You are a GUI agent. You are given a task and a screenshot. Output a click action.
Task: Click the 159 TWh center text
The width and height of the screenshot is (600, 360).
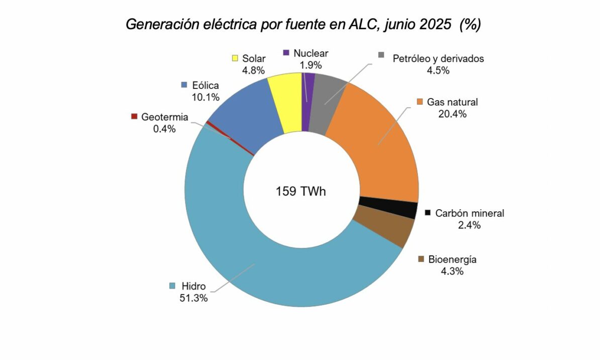pos(301,192)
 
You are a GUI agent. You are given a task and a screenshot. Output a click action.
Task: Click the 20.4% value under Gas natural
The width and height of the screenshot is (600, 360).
pos(452,114)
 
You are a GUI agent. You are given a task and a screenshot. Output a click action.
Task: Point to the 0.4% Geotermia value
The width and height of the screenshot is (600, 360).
pos(164,129)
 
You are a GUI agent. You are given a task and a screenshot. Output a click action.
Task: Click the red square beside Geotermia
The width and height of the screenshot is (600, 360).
pos(134,117)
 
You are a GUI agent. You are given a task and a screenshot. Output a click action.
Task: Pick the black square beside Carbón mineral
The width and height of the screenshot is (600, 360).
pos(428,213)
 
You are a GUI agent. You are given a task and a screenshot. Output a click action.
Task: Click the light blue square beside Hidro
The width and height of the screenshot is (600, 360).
pos(172,286)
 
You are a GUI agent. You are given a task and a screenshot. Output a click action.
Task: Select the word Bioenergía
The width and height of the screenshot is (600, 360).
pos(452,260)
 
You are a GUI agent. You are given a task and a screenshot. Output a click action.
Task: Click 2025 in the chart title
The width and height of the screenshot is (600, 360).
pos(436,25)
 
